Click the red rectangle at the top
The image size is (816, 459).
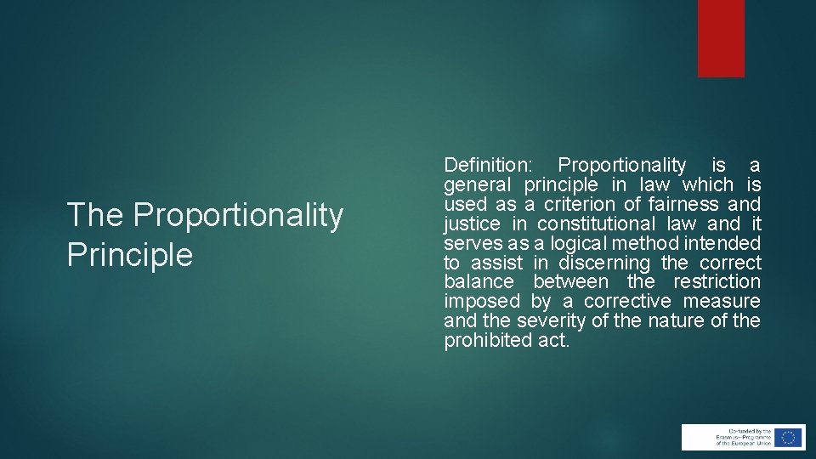721,37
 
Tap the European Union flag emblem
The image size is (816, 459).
788,437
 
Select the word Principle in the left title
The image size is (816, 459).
130,254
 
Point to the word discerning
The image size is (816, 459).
603,263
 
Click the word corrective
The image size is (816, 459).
628,302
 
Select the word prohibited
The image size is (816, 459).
481,341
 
